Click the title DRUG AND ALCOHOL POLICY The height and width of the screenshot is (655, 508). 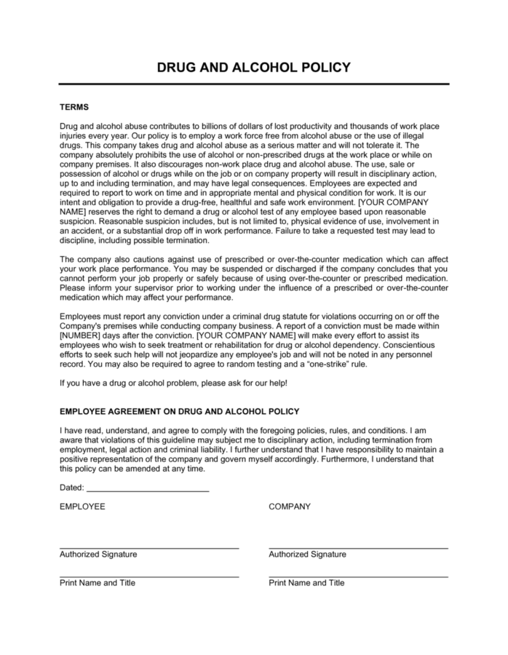pos(254,68)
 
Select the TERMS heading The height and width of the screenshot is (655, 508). pos(74,107)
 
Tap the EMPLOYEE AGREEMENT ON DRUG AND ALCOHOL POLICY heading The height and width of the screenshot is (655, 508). pos(179,411)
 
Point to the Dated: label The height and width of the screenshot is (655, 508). pos(72,488)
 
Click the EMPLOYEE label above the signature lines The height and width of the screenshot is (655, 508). pos(82,507)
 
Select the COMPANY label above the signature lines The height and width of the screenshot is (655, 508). pos(290,507)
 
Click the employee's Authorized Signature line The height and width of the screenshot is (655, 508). pos(148,547)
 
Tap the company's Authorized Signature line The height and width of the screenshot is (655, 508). pos(358,547)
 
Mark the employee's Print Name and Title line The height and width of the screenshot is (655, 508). pos(148,576)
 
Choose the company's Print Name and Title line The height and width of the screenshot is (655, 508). pos(358,576)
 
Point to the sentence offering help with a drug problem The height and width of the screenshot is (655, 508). pos(174,383)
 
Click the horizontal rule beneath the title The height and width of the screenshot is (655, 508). pos(254,84)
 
